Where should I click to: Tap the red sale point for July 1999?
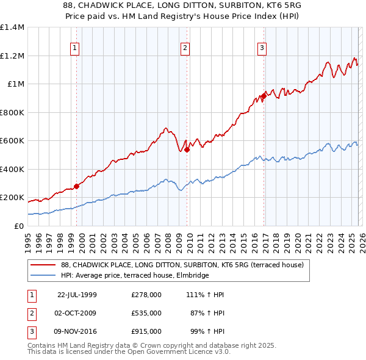coord(76,187)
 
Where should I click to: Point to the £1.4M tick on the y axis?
coord(12,27)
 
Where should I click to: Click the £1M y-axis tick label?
coord(16,84)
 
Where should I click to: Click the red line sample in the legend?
coord(44,265)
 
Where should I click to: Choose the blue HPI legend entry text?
coord(135,276)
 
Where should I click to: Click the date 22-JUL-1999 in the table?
coord(77,295)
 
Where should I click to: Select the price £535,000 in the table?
coord(146,313)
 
